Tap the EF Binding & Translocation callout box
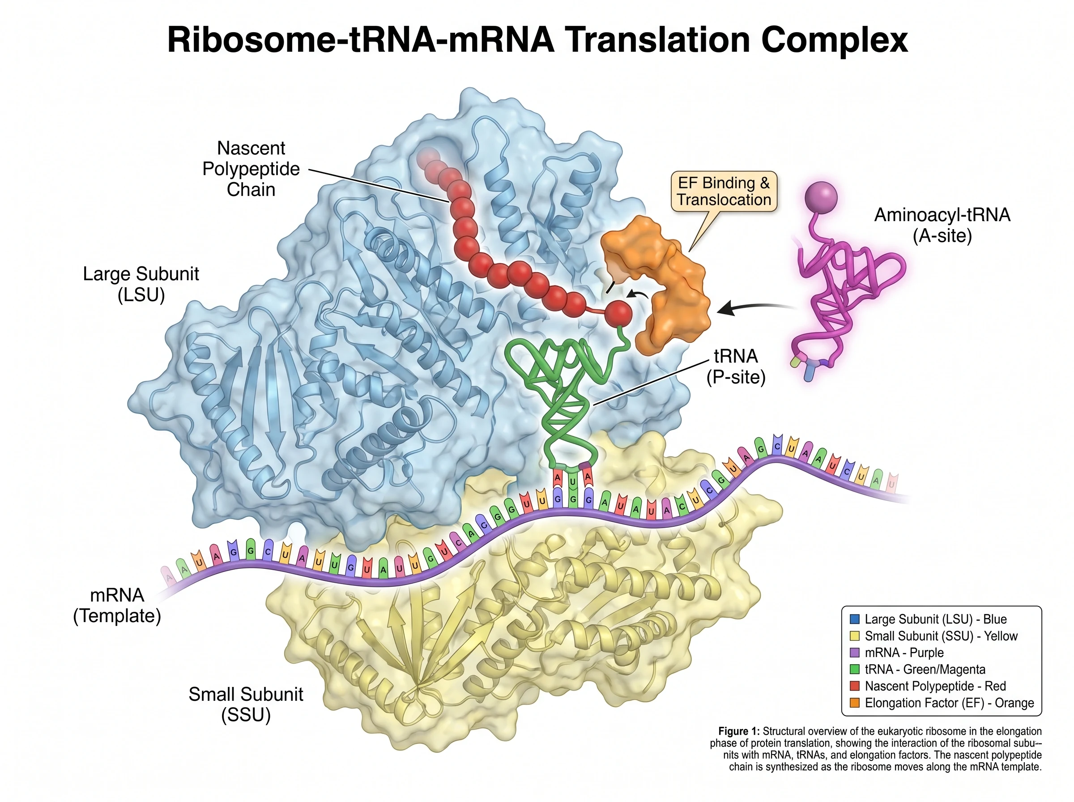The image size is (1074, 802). coord(724,191)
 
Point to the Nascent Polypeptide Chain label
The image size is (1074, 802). coord(251,168)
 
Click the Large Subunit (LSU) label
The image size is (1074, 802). coord(141,284)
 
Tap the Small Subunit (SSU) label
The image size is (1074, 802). coord(246,704)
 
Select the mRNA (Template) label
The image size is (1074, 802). coord(117,605)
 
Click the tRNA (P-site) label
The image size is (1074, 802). coord(736,366)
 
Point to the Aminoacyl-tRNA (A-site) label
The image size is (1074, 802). coord(942,225)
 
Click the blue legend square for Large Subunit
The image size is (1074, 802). coord(855,619)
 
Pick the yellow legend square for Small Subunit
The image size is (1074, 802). coord(855,636)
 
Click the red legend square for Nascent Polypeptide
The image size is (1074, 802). coord(855,686)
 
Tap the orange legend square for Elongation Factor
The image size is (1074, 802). coord(855,703)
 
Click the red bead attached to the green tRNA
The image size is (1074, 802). coord(618,314)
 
